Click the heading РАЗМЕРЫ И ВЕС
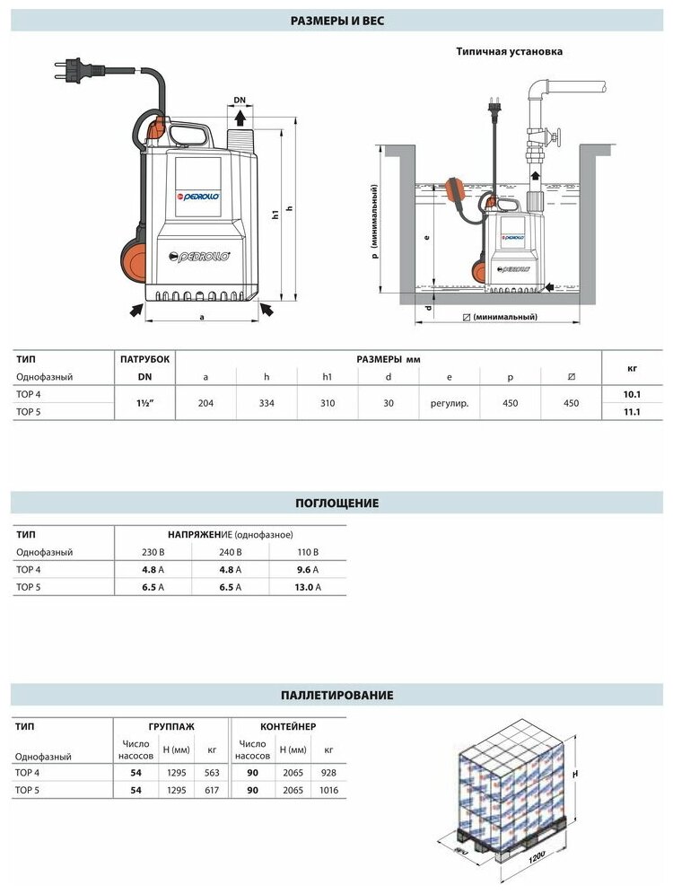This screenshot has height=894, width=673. tap(337, 19)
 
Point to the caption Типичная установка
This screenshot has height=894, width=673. tap(510, 52)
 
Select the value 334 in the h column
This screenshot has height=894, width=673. tap(267, 404)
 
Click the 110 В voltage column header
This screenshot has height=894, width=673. tap(308, 552)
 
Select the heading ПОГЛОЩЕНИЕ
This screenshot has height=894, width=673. tap(337, 503)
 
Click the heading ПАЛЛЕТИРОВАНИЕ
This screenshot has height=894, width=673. tap(337, 695)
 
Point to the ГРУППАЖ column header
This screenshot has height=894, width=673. tap(171, 725)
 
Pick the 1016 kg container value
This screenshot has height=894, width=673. tap(329, 790)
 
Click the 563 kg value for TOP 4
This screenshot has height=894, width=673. tap(213, 773)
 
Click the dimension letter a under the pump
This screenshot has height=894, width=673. tap(203, 317)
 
